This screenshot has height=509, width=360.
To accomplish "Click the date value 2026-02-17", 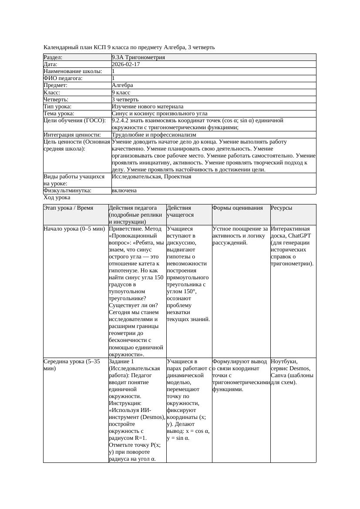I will tap(126, 64).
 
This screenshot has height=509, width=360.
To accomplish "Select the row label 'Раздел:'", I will tap(53, 57).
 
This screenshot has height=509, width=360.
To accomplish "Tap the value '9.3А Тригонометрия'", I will tap(138, 57).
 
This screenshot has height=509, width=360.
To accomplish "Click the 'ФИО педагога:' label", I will tap(63, 78).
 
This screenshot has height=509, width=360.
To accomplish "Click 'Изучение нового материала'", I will tap(148, 107).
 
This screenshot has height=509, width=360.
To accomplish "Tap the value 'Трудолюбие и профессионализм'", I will tap(154, 135).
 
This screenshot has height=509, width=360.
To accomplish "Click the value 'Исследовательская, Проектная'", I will tap(151, 177).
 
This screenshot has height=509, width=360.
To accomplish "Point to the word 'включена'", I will tap(124, 191).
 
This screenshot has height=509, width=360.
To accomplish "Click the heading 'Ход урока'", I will tap(57, 198).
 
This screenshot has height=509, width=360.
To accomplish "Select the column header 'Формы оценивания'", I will tap(238, 208).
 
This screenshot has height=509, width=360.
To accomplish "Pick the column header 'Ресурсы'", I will tap(281, 208).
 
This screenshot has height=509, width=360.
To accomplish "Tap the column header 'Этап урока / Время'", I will tap(68, 208).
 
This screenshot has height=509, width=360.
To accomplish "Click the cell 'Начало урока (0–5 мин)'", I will tap(74, 228).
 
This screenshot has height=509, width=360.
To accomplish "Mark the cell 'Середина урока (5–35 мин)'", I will tap(72, 365).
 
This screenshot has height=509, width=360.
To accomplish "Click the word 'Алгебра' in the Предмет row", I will tap(122, 85).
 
